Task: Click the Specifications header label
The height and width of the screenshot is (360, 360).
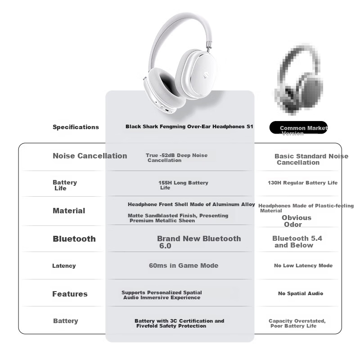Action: [76, 127]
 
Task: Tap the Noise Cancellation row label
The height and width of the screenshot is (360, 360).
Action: [90, 156]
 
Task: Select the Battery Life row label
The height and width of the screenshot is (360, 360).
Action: [65, 185]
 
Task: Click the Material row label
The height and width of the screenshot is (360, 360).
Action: [69, 211]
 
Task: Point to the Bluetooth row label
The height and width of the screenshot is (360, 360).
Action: [74, 239]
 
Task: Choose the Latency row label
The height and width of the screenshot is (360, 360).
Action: [64, 265]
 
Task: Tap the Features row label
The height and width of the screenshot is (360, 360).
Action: [70, 294]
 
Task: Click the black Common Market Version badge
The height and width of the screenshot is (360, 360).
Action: [298, 127]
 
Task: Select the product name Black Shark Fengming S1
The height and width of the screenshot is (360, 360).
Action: [189, 126]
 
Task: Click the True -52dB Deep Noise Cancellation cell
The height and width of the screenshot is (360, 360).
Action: [176, 158]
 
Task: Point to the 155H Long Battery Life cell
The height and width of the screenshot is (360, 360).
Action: [183, 185]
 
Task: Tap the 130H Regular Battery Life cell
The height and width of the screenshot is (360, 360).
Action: [302, 183]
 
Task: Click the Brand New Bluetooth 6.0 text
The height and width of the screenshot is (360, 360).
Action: [199, 242]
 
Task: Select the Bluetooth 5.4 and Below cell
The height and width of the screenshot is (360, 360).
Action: [297, 242]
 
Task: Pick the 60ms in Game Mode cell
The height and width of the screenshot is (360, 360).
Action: [184, 265]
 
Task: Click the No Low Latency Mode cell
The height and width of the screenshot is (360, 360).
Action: [303, 265]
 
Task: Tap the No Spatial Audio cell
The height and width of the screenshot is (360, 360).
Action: [301, 293]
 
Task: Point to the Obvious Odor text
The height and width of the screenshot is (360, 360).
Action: [297, 221]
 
